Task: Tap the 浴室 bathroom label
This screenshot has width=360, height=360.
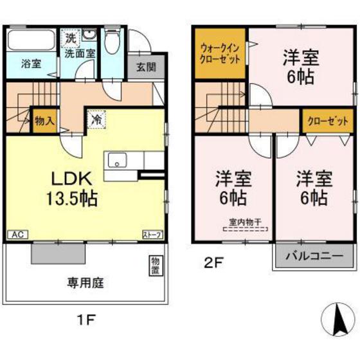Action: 31,64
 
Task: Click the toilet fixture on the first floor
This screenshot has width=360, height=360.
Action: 114,44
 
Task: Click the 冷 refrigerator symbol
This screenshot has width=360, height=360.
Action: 95,119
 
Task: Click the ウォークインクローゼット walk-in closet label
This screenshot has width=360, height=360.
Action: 221,52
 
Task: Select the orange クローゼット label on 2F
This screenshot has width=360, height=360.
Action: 328,120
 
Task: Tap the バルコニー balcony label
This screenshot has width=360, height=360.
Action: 314,255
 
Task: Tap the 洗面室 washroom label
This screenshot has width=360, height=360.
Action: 80,53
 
